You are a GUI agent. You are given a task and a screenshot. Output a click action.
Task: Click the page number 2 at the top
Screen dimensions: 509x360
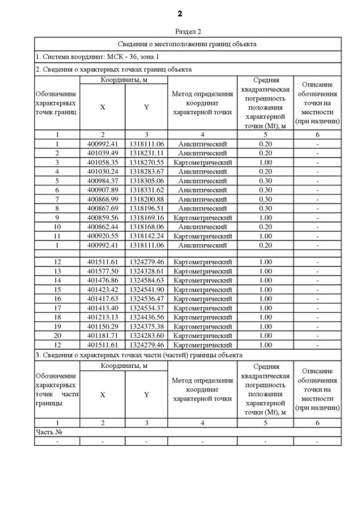point(180,13)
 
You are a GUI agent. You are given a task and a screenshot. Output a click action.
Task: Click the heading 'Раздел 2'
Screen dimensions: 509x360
point(187,32)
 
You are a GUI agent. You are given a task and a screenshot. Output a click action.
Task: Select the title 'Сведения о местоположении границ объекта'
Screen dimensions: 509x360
point(187,44)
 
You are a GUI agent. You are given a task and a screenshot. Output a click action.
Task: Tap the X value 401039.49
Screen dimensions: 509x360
point(102,153)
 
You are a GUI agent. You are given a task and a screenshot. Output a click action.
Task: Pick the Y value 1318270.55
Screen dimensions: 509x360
point(146,162)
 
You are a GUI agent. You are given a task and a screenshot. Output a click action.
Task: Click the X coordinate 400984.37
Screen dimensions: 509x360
point(102,181)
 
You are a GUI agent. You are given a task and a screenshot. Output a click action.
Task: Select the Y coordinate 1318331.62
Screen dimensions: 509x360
point(146,190)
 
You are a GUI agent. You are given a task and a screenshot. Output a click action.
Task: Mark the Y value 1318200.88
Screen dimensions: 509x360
point(146,199)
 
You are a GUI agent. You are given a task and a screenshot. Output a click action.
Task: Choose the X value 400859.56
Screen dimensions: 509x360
point(102,217)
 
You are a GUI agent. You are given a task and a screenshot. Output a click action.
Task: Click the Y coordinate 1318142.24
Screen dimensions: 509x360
point(146,235)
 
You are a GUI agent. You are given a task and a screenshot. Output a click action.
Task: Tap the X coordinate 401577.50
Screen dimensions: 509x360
point(102,271)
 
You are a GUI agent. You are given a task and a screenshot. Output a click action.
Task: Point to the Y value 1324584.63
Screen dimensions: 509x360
point(146,280)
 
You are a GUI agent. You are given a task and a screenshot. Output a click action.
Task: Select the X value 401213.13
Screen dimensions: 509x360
point(102,317)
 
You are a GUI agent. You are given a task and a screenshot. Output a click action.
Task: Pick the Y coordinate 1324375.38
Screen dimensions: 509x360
point(146,326)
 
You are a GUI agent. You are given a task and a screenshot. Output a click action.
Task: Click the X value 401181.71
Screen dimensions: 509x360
point(102,335)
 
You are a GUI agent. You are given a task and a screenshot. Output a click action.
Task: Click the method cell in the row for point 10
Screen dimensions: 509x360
point(202,226)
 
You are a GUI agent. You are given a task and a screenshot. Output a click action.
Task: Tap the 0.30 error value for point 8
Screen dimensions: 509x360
point(265,208)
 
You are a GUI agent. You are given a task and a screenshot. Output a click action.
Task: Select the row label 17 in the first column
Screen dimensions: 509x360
point(57,308)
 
